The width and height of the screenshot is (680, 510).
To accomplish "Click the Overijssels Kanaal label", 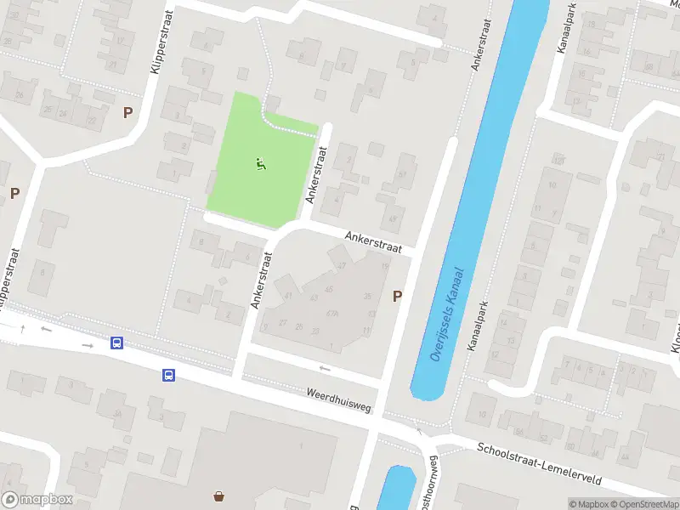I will (x=447, y=316).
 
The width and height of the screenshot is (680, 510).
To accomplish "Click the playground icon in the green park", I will (x=261, y=164).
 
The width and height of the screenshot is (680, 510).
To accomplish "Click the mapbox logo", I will (x=37, y=500).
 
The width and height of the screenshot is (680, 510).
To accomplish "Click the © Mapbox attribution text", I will (x=590, y=504).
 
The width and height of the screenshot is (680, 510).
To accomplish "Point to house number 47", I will (x=342, y=266).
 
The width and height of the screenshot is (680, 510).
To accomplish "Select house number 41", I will (x=289, y=295).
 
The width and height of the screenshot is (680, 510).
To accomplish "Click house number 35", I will (x=367, y=296).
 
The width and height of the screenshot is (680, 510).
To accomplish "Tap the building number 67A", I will (x=332, y=313).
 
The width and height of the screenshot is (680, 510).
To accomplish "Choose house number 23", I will (x=315, y=330).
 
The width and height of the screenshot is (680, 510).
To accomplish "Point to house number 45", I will (x=329, y=290).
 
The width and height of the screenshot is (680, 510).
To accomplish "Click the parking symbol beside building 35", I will (x=396, y=296).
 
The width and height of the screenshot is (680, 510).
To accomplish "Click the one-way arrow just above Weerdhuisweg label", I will (x=324, y=368).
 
